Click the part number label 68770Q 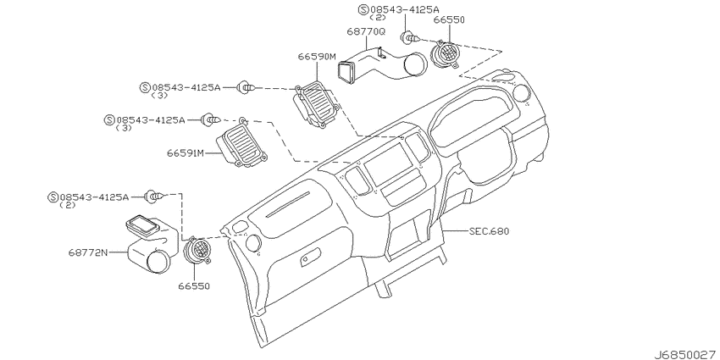click(366, 31)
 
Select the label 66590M click(317, 57)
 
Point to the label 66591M click(185, 153)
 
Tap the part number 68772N click(88, 252)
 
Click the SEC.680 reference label click(489, 231)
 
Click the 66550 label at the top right click(449, 19)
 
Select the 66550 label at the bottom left click(194, 286)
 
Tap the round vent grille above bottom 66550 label click(197, 252)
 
